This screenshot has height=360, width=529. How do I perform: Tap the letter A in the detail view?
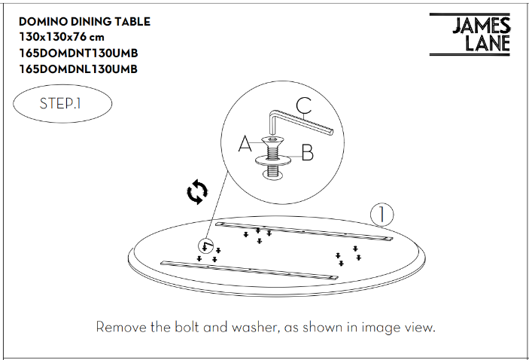click(245, 144)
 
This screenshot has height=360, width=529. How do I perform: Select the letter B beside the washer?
click(307, 154)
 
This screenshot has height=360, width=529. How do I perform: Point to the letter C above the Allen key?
click(303, 106)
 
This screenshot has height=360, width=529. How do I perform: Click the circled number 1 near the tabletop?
click(382, 215)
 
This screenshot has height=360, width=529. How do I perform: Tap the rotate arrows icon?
click(197, 192)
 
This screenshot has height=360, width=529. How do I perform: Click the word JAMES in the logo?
click(481, 26)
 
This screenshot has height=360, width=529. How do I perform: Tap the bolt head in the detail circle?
click(273, 141)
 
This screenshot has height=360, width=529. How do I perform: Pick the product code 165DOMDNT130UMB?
click(78, 53)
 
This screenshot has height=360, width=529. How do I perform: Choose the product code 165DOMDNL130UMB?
click(78, 69)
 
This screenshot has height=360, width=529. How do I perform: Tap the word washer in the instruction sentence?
click(254, 328)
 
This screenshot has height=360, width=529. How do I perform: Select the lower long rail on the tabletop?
click(249, 270)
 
